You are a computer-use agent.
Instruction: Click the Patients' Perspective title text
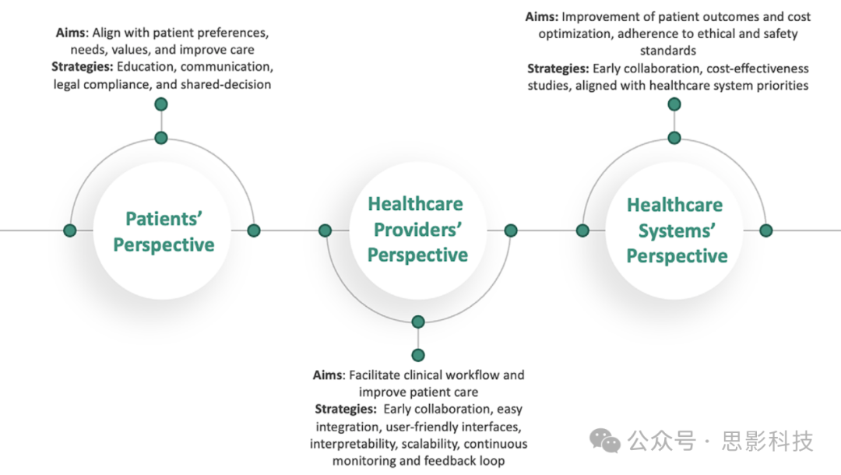point(164,231)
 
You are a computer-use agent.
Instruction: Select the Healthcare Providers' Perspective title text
point(417,230)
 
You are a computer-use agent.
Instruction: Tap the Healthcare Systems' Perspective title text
point(676,230)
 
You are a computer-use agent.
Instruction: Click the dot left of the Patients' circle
point(69,230)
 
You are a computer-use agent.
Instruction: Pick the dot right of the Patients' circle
point(254,230)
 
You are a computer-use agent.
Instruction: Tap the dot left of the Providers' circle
point(325,230)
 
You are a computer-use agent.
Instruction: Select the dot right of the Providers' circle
point(511,230)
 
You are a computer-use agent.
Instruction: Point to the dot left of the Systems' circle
point(582,230)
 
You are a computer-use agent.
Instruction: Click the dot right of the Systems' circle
point(766,230)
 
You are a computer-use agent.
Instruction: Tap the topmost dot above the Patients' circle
point(161,104)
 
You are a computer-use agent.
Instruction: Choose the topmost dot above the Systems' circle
point(674,104)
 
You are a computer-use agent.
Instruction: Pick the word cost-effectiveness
point(758,69)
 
